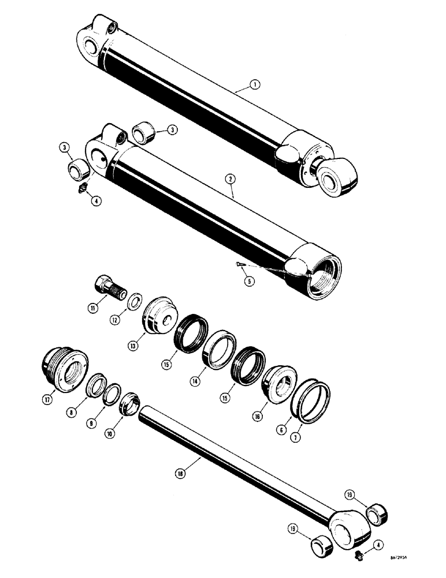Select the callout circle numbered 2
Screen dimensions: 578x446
pos(231,180)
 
